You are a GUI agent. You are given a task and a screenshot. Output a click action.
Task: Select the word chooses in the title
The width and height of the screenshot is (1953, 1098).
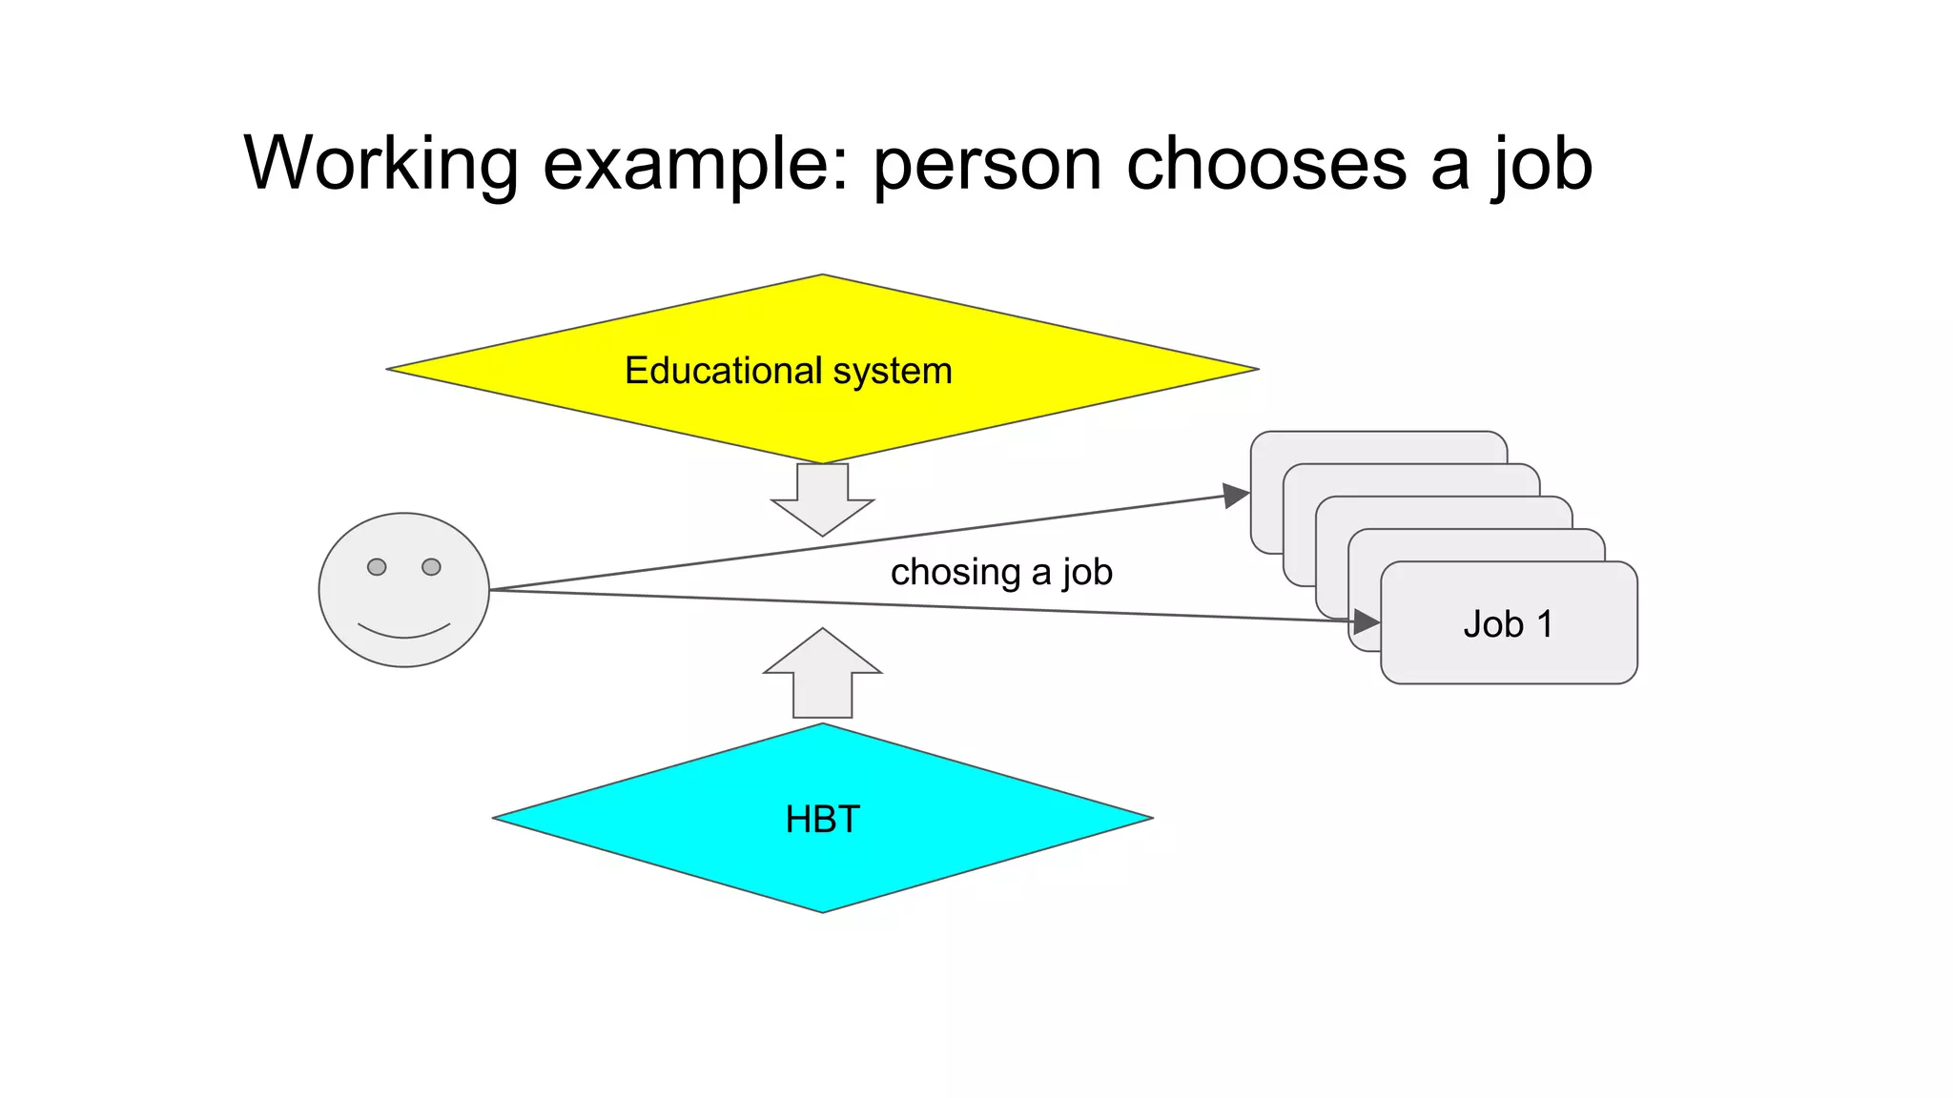[1266, 164]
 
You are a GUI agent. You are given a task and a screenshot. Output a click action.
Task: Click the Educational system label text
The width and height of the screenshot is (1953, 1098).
[788, 371]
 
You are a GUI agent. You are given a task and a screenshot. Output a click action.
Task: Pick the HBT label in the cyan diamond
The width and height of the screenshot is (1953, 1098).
[822, 820]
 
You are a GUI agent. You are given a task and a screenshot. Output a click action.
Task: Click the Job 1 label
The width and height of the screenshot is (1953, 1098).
[1508, 624]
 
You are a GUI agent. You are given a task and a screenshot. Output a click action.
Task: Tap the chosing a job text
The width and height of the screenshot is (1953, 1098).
[1001, 572]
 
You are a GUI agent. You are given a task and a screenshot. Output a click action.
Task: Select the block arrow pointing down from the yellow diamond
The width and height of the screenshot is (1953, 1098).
[822, 500]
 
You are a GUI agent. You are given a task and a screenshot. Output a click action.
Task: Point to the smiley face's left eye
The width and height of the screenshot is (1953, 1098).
[377, 567]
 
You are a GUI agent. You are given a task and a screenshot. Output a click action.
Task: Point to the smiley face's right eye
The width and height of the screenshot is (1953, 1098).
[431, 567]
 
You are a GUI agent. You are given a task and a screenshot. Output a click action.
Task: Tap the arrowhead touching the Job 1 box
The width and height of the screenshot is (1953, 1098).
[1367, 622]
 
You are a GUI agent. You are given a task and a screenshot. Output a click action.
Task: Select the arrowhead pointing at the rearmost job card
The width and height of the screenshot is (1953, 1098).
[1236, 495]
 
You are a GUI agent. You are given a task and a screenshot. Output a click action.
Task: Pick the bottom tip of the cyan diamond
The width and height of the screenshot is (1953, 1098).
[822, 910]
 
